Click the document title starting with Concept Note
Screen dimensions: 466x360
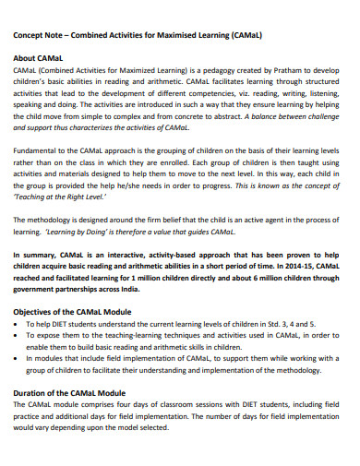click(x=137, y=35)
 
